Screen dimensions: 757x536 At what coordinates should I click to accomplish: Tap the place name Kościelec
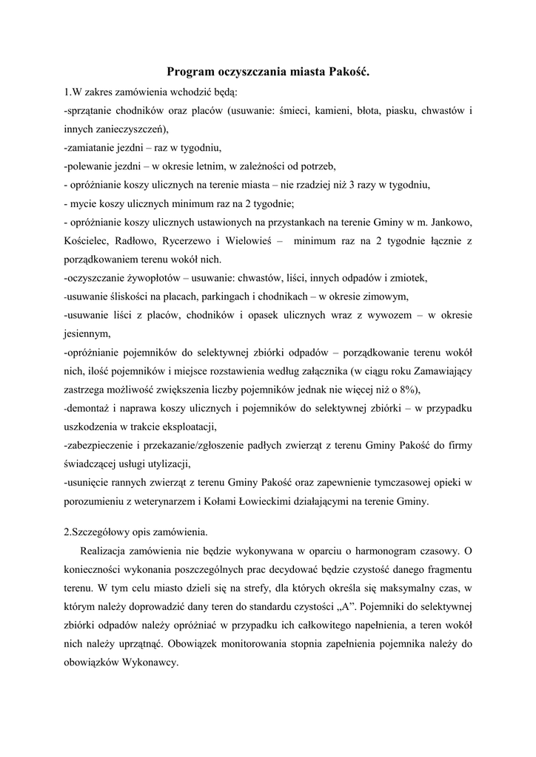[87, 241]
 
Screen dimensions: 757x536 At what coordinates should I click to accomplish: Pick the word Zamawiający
[442, 371]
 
